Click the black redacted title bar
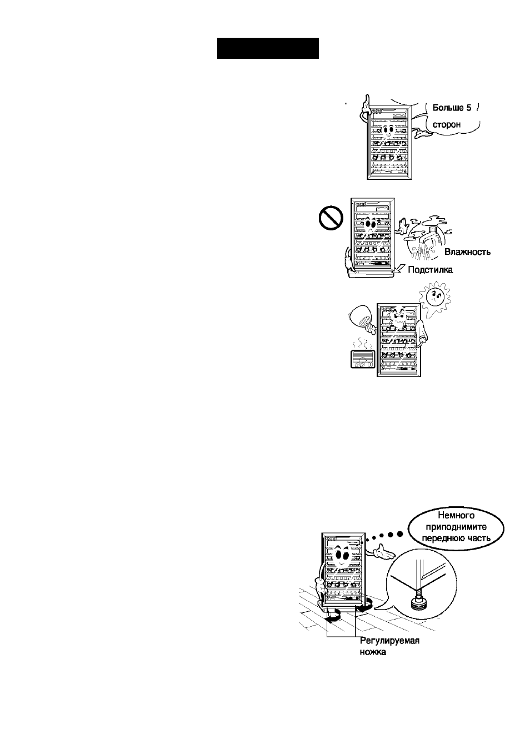pyautogui.click(x=268, y=48)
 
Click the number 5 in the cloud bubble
pyautogui.click(x=468, y=108)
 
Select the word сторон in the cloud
pyautogui.click(x=447, y=125)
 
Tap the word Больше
pyautogui.click(x=447, y=108)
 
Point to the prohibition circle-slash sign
pyautogui.click(x=331, y=218)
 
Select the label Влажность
pyautogui.click(x=467, y=252)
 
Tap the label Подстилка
pyautogui.click(x=430, y=270)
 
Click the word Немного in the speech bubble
pyautogui.click(x=456, y=515)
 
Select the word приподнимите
pyautogui.click(x=456, y=527)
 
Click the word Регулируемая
pyautogui.click(x=389, y=641)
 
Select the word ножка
pyautogui.click(x=373, y=652)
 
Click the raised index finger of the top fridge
pyautogui.click(x=367, y=100)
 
